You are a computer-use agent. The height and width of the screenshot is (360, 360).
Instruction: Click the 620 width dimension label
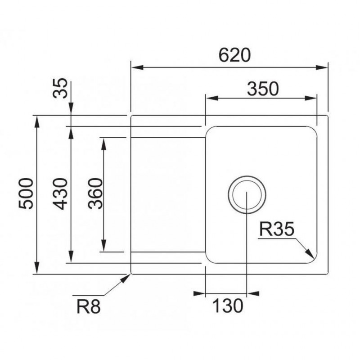234,55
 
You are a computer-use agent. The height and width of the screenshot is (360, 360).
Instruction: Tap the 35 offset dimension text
60,88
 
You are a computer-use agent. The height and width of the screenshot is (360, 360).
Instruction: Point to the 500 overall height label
26,193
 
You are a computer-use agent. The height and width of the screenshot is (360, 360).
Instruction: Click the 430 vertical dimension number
60,193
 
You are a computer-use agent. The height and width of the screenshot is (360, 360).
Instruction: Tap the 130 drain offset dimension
227,306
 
